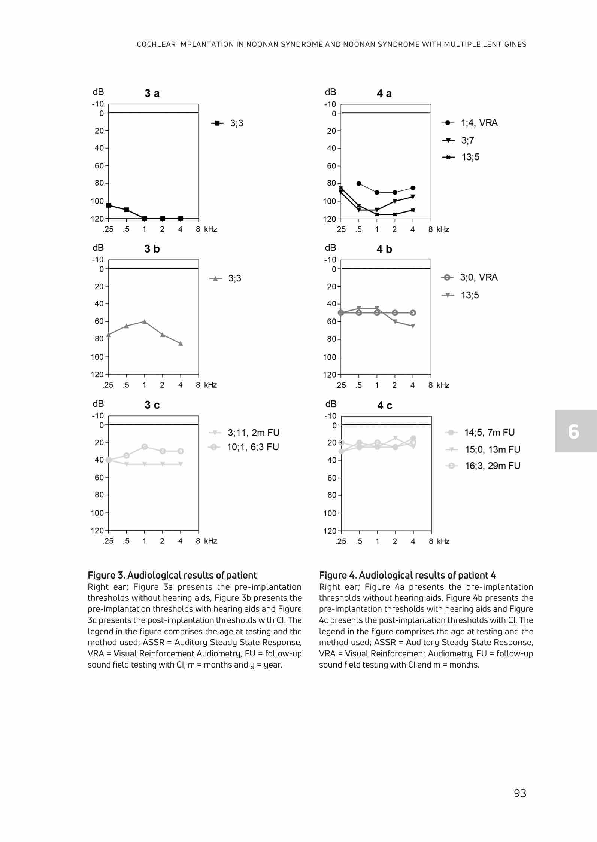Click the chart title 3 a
point(152,94)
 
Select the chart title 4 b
point(384,249)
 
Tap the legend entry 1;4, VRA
point(479,123)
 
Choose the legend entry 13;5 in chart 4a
point(470,157)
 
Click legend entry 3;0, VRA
point(479,277)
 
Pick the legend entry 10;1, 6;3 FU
point(253,447)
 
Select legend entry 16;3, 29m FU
point(492,466)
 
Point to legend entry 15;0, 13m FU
point(493,449)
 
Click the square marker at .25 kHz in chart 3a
point(109,205)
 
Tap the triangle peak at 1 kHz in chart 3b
point(145,321)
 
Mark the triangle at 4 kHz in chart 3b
point(181,344)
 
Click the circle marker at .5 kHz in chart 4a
point(359,183)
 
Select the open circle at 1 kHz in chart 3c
point(145,447)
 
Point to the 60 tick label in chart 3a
point(99,165)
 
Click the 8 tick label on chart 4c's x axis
point(431,541)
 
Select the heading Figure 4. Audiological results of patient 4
point(407,575)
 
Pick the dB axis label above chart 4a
point(330,92)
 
